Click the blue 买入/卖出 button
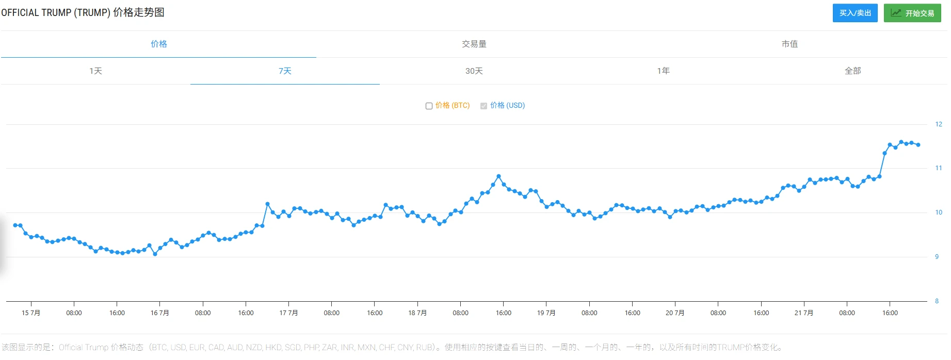pos(855,13)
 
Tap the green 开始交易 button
pos(912,13)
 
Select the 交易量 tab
pos(474,44)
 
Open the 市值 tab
pos(789,44)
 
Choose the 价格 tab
pos(158,44)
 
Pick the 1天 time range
pos(95,71)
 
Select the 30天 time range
pos(474,71)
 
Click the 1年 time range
pos(663,71)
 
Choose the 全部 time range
pos(852,71)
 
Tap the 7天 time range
pos(285,71)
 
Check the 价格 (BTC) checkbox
pos(429,106)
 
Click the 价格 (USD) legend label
pos(507,105)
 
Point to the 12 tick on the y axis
pos(938,124)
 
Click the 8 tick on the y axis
pos(937,301)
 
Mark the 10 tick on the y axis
pos(938,212)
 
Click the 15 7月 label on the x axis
pos(31,313)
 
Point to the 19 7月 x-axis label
pos(546,313)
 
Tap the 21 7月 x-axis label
pos(803,313)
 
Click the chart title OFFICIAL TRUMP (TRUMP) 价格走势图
pos(83,12)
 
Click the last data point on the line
pos(918,145)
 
